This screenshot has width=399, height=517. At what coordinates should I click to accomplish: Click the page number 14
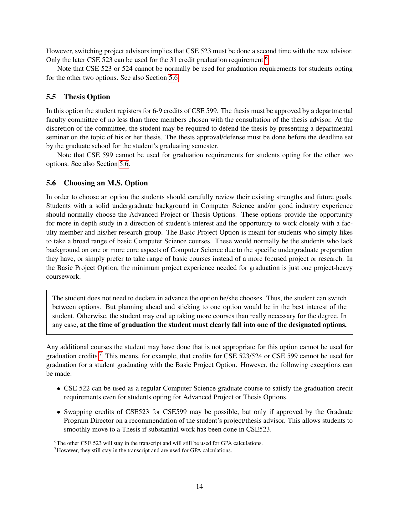199,486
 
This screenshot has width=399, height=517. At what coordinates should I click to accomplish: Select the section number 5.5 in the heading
51,97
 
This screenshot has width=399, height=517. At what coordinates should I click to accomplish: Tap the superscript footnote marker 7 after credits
101,354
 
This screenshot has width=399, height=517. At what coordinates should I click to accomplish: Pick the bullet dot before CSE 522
59,389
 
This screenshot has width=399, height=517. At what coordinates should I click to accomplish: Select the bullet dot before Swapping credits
59,412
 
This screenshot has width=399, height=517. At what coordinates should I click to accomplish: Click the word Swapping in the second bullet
77,412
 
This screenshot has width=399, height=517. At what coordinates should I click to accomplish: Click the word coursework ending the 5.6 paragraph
63,277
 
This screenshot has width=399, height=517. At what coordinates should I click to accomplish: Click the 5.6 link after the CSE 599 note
124,164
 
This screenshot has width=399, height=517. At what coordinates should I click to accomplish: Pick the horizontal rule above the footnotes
107,438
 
